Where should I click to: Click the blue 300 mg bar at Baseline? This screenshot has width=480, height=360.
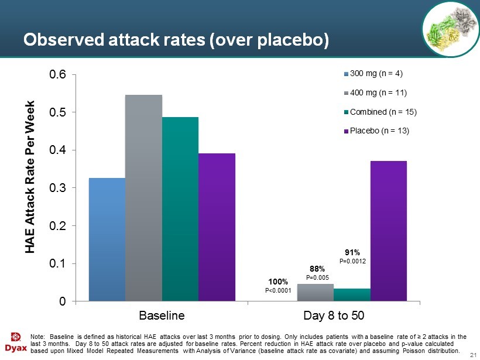pyautogui.click(x=107, y=239)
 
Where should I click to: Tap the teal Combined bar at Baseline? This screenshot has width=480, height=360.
pyautogui.click(x=180, y=209)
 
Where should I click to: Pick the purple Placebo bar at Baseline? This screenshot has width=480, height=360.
pyautogui.click(x=217, y=227)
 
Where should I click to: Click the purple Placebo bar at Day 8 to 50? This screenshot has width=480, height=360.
pyautogui.click(x=388, y=231)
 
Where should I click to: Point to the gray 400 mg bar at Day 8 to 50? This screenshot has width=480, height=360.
pyautogui.click(x=316, y=293)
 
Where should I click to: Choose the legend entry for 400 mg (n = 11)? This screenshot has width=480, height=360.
pyautogui.click(x=378, y=92)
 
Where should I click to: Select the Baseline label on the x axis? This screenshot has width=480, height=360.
pyautogui.click(x=162, y=315)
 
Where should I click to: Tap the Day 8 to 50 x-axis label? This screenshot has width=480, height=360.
pyautogui.click(x=334, y=315)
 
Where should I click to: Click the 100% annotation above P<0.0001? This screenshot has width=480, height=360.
pyautogui.click(x=278, y=282)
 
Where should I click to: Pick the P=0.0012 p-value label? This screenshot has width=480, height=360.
pyautogui.click(x=353, y=261)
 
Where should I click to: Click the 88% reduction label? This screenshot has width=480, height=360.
pyautogui.click(x=317, y=269)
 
